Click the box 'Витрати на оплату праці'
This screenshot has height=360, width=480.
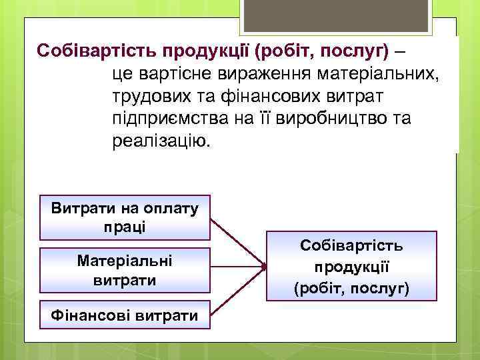click(125, 217)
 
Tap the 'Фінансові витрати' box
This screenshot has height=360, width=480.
click(125, 315)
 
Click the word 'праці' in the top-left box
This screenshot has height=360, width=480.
click(125, 226)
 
